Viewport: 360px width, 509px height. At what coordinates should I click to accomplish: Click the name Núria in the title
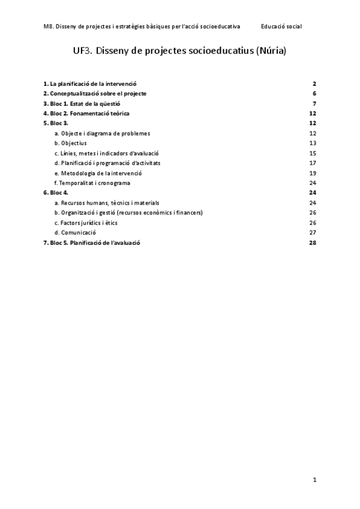point(271,52)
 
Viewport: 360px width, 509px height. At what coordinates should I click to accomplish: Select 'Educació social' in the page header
point(281,27)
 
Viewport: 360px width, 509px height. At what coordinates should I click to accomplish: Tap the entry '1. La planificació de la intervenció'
point(94,83)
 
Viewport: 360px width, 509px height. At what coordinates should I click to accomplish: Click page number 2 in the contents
point(314,83)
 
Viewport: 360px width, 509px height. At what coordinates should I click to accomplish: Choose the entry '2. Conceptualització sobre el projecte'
point(95,94)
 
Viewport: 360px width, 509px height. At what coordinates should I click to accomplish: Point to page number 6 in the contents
point(314,94)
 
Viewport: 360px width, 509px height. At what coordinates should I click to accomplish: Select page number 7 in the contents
point(314,103)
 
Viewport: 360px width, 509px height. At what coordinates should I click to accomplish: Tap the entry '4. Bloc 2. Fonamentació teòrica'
point(86,113)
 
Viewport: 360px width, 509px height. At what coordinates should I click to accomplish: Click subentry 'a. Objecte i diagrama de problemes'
point(102,133)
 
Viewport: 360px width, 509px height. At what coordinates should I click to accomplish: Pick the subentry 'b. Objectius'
point(70,143)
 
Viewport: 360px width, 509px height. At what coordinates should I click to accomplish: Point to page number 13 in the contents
point(313,143)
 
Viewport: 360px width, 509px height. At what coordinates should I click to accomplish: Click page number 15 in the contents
point(313,153)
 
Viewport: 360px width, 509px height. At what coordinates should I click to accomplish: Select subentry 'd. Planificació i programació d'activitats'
point(107,163)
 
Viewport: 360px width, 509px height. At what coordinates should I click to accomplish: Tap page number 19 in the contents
point(313,173)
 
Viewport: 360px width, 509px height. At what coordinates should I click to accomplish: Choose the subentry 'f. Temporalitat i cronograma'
point(92,182)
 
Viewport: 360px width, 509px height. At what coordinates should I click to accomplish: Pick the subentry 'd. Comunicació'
point(75,232)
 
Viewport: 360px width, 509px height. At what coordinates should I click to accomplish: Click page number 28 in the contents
point(313,242)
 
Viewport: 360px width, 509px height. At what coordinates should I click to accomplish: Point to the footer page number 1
point(314,480)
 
